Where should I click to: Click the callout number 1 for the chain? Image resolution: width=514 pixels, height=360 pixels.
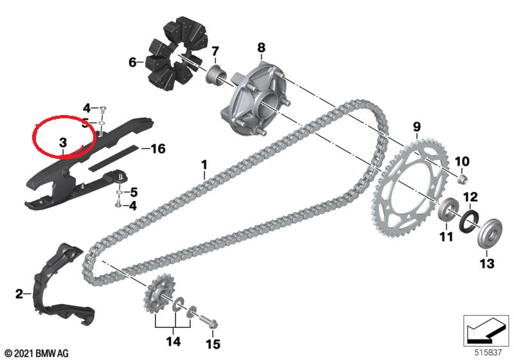pyautogui.click(x=204, y=165)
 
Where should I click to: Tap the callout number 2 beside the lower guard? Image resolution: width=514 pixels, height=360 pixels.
pyautogui.click(x=19, y=294)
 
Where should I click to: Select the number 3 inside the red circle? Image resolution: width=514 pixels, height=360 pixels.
pyautogui.click(x=62, y=142)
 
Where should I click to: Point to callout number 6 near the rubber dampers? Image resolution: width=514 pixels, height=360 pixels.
pyautogui.click(x=132, y=62)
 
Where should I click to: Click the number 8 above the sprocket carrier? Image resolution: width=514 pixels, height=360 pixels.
pyautogui.click(x=261, y=48)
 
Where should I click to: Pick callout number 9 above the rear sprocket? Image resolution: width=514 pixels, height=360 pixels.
pyautogui.click(x=416, y=127)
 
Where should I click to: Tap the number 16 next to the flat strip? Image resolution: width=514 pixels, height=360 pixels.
pyautogui.click(x=158, y=148)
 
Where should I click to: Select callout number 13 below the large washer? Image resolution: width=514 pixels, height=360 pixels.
pyautogui.click(x=487, y=264)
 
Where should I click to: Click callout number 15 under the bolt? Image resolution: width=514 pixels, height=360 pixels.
pyautogui.click(x=213, y=345)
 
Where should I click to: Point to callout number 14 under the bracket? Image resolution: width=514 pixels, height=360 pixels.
pyautogui.click(x=173, y=341)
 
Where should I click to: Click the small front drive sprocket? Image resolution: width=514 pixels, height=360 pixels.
pyautogui.click(x=159, y=292)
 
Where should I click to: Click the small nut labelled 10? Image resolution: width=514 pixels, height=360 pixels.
pyautogui.click(x=462, y=179)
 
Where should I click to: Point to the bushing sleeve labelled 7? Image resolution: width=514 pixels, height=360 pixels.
pyautogui.click(x=215, y=75)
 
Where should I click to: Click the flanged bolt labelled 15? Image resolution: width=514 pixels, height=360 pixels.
pyautogui.click(x=208, y=321)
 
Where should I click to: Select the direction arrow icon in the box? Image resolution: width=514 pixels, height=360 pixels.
pyautogui.click(x=486, y=331)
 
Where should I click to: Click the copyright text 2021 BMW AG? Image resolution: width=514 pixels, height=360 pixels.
pyautogui.click(x=37, y=354)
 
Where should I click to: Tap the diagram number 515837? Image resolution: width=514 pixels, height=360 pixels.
pyautogui.click(x=488, y=352)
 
